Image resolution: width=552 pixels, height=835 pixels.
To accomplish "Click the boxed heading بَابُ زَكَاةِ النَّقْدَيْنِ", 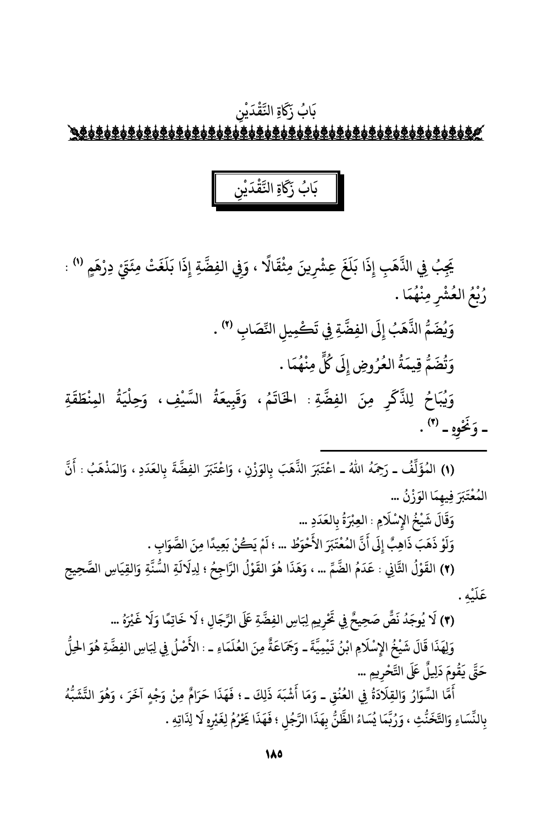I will pyautogui.click(x=275, y=189).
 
